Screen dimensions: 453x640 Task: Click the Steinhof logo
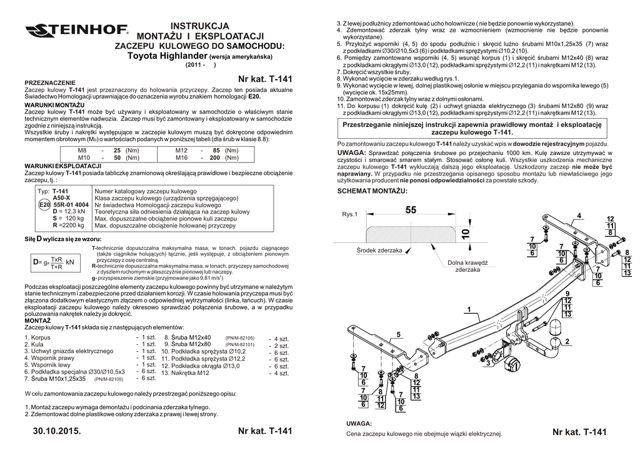tap(76, 30)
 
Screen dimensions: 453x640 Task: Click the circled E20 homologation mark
tap(44, 204)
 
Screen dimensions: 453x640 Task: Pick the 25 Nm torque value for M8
tap(116, 151)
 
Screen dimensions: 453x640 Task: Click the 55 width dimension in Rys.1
tap(410, 211)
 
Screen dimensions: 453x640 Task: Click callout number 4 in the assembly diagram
tap(579, 216)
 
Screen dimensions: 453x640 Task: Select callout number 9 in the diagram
tap(567, 294)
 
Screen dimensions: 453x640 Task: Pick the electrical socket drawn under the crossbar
tap(512, 364)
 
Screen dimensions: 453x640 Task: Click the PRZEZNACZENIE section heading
tap(49, 82)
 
